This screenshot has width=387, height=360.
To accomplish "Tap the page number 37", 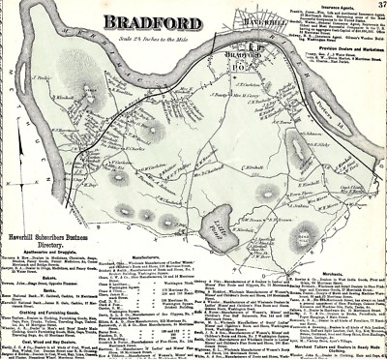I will (x=377, y=8).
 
